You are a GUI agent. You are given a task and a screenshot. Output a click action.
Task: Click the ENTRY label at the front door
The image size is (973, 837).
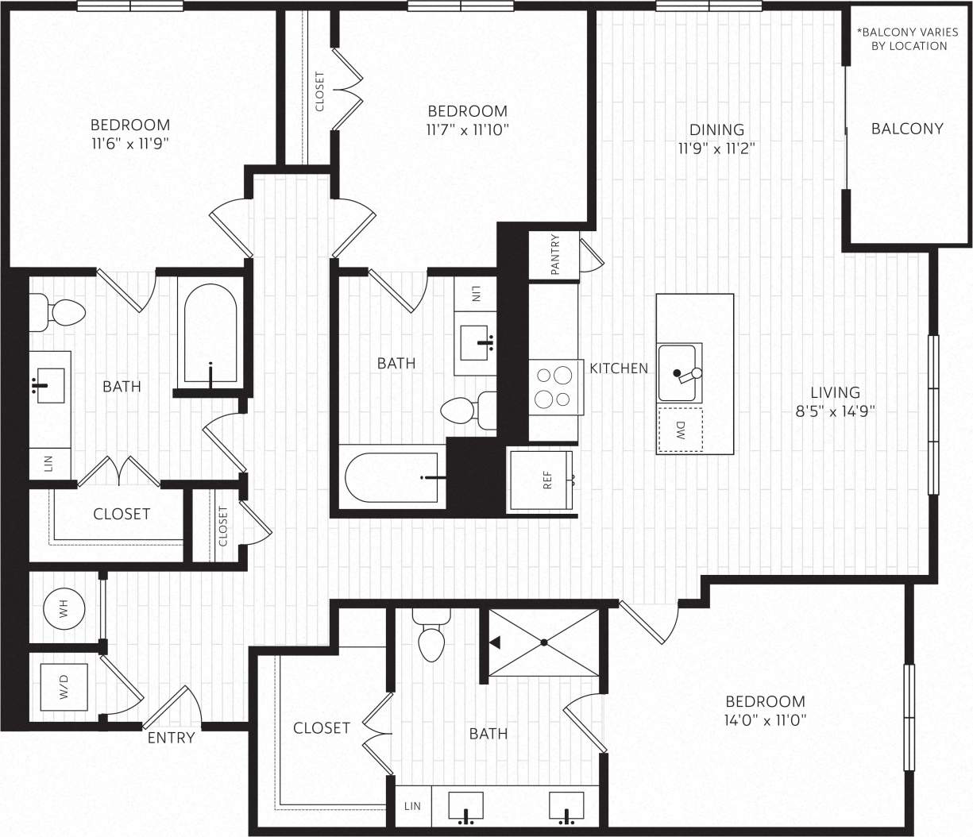coord(171,738)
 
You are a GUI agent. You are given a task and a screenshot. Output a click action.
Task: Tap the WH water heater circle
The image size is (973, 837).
coord(64,609)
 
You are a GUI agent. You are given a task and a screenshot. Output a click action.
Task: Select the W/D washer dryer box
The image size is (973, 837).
coord(64,686)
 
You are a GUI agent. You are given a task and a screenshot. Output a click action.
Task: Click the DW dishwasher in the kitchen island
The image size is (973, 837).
coord(680,430)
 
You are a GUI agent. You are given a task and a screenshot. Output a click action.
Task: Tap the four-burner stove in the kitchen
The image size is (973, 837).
coord(553,387)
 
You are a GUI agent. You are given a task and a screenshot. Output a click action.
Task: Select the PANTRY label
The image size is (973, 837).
coord(554,254)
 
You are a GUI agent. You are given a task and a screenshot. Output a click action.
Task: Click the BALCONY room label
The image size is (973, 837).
coord(907,129)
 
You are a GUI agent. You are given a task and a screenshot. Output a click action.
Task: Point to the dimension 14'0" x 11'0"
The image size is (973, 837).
coord(765,720)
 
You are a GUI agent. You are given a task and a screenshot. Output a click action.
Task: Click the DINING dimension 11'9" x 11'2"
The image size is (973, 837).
coord(716,148)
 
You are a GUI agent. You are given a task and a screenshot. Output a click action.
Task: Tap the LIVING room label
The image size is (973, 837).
coord(835,391)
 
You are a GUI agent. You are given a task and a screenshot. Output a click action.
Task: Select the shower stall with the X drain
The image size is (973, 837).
coord(544,642)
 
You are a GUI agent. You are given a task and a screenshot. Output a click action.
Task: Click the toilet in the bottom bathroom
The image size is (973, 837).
coord(431,638)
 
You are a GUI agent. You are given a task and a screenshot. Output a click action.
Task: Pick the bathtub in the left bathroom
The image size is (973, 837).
coord(210,334)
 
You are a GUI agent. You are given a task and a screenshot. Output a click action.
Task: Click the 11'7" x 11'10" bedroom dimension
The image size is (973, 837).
coord(467,129)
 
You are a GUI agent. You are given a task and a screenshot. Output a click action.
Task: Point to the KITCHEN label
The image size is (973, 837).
coord(618,368)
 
